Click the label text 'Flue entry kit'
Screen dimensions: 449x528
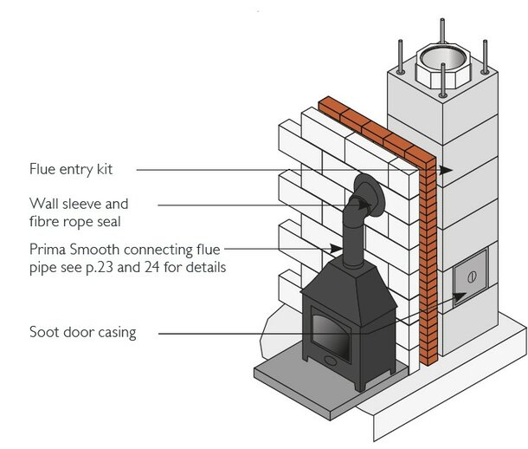(71, 169)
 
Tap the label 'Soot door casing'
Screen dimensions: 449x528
(82, 331)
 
